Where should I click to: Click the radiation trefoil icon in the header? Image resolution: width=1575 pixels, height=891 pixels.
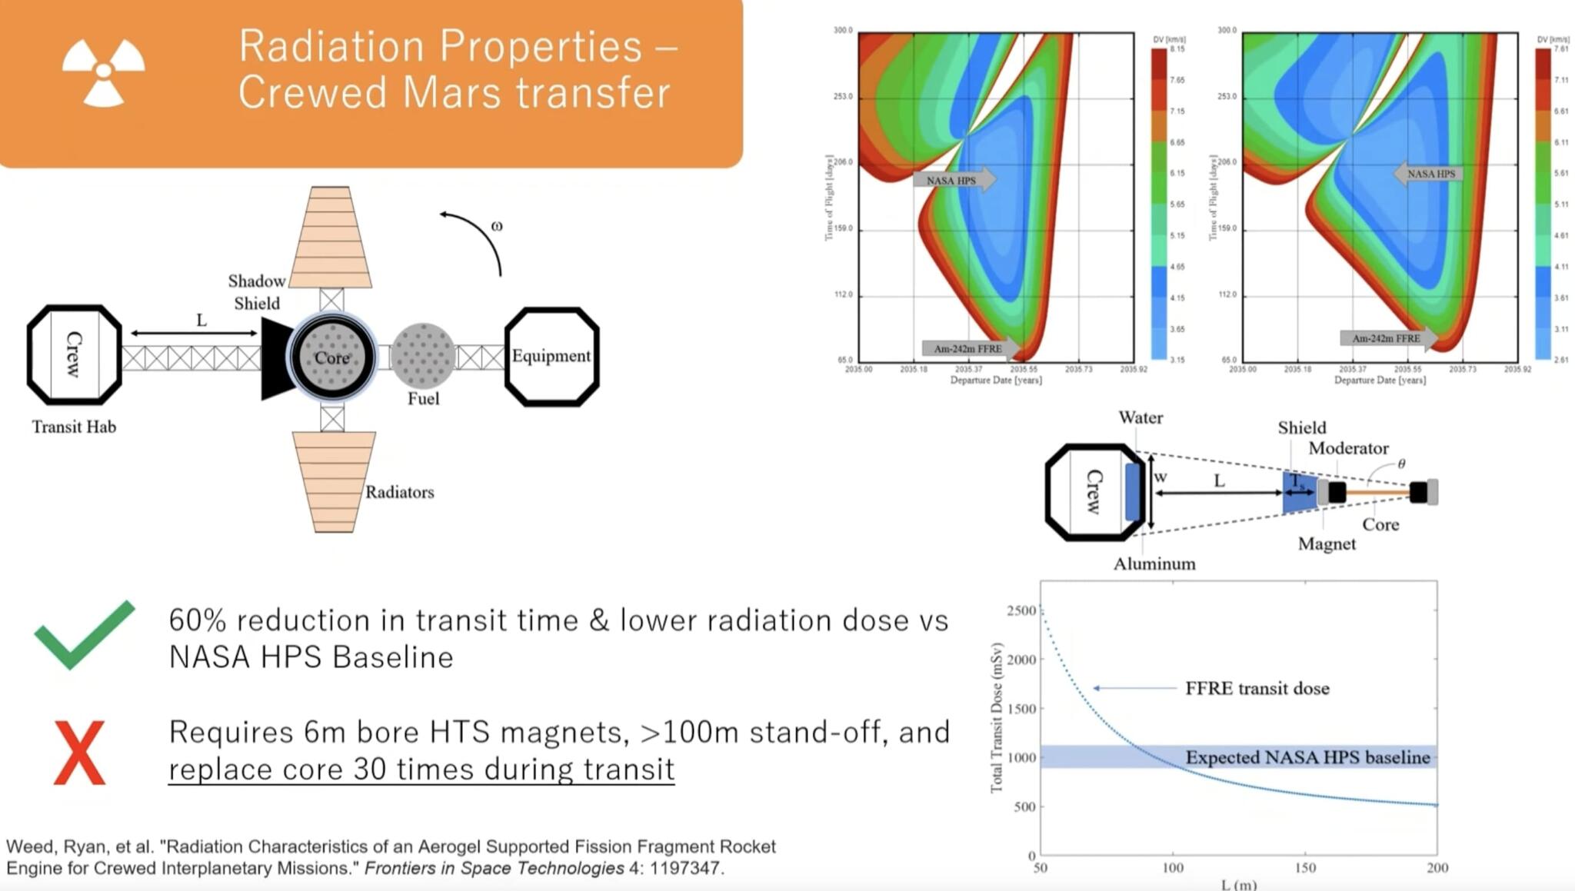103,71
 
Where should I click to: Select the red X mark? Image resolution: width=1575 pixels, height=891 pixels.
79,753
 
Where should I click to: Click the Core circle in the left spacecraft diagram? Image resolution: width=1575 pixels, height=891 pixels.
331,357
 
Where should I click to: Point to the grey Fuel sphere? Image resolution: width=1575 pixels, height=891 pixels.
422,355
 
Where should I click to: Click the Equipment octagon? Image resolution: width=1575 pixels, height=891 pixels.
551,356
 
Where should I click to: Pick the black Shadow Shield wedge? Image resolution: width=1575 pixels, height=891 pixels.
275,358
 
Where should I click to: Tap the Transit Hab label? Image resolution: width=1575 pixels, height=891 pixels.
74,427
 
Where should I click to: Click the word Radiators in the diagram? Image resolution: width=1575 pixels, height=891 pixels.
399,492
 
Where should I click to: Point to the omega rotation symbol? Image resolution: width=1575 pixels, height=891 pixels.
497,226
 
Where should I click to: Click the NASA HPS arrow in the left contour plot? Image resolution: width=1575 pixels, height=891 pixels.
954,180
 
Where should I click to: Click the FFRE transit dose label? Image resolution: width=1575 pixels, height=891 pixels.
1257,688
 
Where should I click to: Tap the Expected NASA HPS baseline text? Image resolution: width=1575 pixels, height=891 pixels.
1307,757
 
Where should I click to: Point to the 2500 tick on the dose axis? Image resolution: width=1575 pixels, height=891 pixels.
1021,610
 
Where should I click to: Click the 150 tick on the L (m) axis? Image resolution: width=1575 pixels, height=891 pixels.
1305,867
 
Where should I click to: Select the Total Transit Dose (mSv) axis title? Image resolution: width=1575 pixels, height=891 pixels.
997,717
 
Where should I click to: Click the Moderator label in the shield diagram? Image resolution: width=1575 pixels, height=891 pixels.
1348,448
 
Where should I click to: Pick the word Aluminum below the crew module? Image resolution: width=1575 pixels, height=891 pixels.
1154,564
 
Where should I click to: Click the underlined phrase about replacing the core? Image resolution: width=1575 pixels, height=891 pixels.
421,769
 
